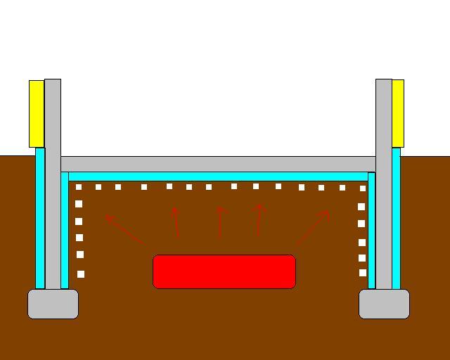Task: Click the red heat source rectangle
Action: point(224,271)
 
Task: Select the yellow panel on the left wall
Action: point(36,113)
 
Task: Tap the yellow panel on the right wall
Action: point(398,113)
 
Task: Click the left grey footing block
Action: point(53,304)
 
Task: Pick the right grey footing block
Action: point(384,304)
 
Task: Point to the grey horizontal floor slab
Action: point(218,164)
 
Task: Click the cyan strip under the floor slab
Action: point(218,176)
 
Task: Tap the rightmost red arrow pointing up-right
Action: point(312,227)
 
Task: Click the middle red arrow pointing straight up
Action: point(220,221)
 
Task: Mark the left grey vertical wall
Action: point(53,183)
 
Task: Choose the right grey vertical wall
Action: point(384,183)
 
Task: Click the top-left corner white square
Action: point(79,187)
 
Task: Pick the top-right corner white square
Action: point(363,188)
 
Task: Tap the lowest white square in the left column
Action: point(81,274)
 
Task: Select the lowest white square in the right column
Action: point(363,273)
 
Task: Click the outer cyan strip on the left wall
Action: point(40,218)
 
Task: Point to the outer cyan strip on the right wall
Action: point(396,218)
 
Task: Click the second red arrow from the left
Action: point(176,221)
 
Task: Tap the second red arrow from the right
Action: point(259,219)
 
